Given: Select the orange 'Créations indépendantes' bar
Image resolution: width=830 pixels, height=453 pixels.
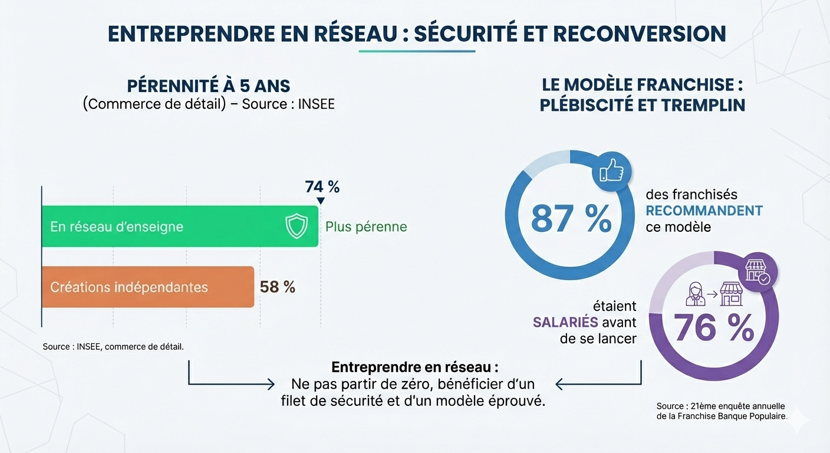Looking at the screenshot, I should [x=147, y=287].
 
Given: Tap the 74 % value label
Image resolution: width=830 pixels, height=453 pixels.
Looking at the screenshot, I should [x=322, y=187].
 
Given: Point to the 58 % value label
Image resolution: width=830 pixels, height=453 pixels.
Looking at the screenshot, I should [x=278, y=287].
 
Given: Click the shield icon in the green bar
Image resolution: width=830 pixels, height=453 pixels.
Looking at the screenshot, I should [x=296, y=226].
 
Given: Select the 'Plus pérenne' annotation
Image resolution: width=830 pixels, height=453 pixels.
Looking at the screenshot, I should [x=366, y=227].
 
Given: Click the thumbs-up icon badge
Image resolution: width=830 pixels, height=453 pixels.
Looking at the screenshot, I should [x=611, y=170].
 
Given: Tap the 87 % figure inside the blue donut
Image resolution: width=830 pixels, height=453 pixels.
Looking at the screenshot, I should [x=571, y=218].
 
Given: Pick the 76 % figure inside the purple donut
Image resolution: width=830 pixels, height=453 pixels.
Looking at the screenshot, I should [x=714, y=328].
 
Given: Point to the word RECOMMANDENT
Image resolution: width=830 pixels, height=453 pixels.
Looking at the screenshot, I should [x=704, y=211].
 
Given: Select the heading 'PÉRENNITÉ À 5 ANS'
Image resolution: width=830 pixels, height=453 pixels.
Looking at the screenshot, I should [x=209, y=86].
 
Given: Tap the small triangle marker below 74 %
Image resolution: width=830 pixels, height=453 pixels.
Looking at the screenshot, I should [x=320, y=201].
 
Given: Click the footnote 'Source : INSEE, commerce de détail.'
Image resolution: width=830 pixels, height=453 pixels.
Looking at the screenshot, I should [x=113, y=347].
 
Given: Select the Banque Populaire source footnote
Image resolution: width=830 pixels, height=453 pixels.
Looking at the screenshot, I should [x=722, y=411].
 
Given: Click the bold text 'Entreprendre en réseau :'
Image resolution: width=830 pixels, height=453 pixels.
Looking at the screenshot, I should [x=415, y=367].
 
